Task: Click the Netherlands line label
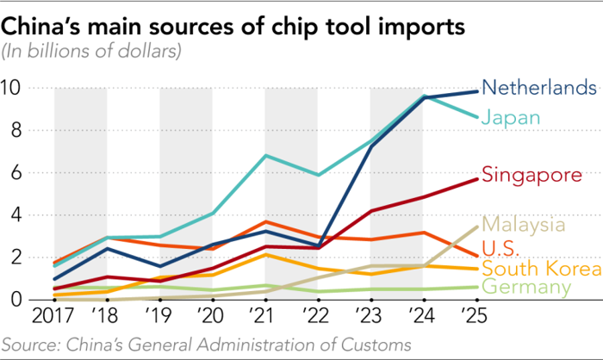538,88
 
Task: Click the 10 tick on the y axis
13,88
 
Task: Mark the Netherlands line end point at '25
477,91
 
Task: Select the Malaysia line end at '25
477,227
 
